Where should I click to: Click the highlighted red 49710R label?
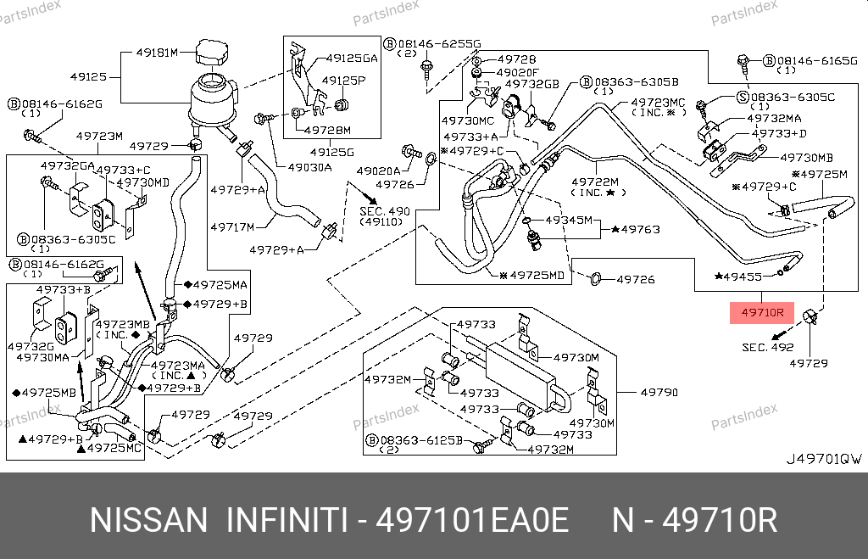point(762,313)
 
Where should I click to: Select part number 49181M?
point(157,53)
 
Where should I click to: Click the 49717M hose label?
point(231,226)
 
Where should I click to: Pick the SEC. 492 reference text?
point(767,347)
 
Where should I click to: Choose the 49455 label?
point(742,277)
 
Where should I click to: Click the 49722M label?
point(594,182)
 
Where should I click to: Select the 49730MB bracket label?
point(806,158)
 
